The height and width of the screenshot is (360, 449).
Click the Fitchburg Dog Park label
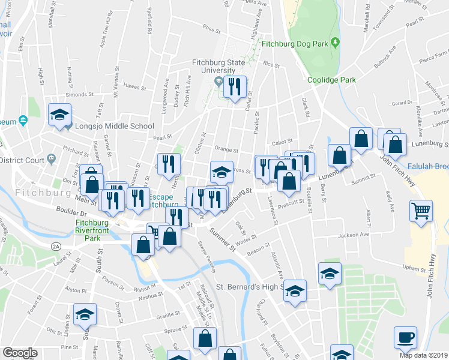[293, 43]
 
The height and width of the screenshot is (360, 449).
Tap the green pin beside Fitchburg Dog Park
[335, 43]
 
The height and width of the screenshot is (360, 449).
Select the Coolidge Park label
[331, 80]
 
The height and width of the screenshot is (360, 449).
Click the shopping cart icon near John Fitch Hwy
[421, 211]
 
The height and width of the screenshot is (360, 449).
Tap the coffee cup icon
[405, 338]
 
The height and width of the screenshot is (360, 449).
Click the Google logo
[20, 353]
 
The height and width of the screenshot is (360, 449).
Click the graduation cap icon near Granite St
[85, 314]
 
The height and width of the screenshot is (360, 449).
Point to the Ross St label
[212, 28]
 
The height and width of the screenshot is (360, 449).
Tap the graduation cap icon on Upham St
[330, 274]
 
